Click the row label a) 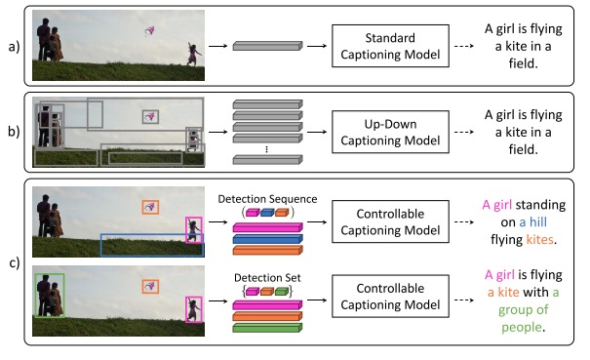point(13,45)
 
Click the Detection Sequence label point(268,199)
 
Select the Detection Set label point(268,276)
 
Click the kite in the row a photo point(150,32)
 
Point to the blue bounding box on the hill point(151,244)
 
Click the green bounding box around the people point(49,296)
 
